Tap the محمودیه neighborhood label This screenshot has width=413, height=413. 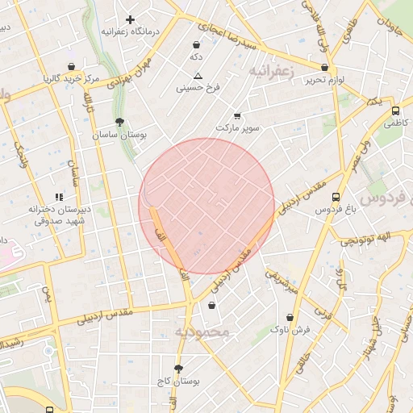pos(202,332)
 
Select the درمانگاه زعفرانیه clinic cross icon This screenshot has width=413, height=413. pos(129,19)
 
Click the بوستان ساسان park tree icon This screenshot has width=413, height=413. pos(120,122)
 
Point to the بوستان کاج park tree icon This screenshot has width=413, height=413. pos(179,368)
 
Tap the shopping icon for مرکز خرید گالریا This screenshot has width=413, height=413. pos(72,66)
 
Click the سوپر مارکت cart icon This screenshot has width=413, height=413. pos(236,116)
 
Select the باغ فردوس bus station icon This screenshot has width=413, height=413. pos(336,197)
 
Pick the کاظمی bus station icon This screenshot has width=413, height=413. pos(395,111)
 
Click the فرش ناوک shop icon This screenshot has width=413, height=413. pos(290,317)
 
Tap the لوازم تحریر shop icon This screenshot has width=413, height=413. pos(324,68)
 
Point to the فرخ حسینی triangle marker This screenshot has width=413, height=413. pos(198,76)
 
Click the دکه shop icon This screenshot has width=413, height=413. pos(196,44)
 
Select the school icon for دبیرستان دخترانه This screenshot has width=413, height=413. pos(58,197)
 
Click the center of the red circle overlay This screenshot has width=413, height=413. pos(206,206)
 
